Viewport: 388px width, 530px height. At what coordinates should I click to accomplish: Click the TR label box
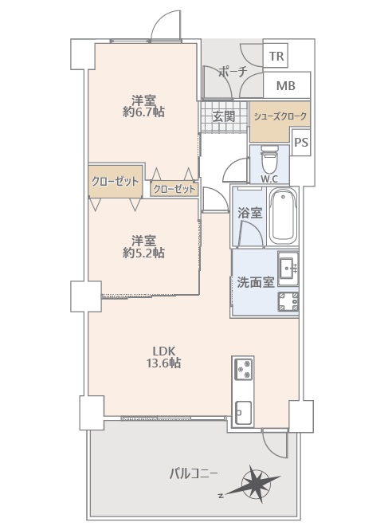[x=276, y=56]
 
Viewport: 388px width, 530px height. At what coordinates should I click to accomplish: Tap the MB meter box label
[x=286, y=85]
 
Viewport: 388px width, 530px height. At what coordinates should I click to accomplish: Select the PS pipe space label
[x=301, y=143]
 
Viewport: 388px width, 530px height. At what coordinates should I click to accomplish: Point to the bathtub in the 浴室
[x=283, y=216]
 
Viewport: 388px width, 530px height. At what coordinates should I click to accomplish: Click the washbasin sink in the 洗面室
[x=288, y=269]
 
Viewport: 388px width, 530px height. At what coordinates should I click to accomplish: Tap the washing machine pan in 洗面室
[x=288, y=302]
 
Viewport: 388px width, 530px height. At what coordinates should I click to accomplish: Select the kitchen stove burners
[x=243, y=370]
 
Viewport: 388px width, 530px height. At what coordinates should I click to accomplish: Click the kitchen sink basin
[x=243, y=412]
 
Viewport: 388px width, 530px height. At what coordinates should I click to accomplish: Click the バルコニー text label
[x=194, y=474]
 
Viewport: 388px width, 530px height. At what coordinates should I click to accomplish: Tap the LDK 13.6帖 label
[x=163, y=357]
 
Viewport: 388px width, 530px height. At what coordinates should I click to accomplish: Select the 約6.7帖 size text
[x=143, y=112]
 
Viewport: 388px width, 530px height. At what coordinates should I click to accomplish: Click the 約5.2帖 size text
[x=143, y=253]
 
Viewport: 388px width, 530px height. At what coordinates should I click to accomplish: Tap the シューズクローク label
[x=280, y=116]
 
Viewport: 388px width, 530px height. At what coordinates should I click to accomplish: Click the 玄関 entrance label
[x=223, y=116]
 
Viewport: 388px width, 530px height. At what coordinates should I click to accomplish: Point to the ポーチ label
[x=233, y=72]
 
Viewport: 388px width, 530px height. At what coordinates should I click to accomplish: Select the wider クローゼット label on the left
[x=116, y=182]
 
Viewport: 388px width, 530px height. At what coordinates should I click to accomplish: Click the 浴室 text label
[x=250, y=213]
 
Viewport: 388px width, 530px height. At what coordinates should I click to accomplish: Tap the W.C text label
[x=269, y=179]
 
